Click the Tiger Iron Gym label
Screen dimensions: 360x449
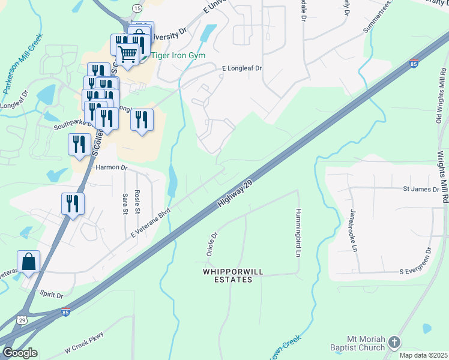[181, 56]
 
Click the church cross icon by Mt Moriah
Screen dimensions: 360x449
[394, 342]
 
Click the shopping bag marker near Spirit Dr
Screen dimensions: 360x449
[28, 262]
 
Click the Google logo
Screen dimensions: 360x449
[20, 353]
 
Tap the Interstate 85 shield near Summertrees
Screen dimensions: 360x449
[414, 63]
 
